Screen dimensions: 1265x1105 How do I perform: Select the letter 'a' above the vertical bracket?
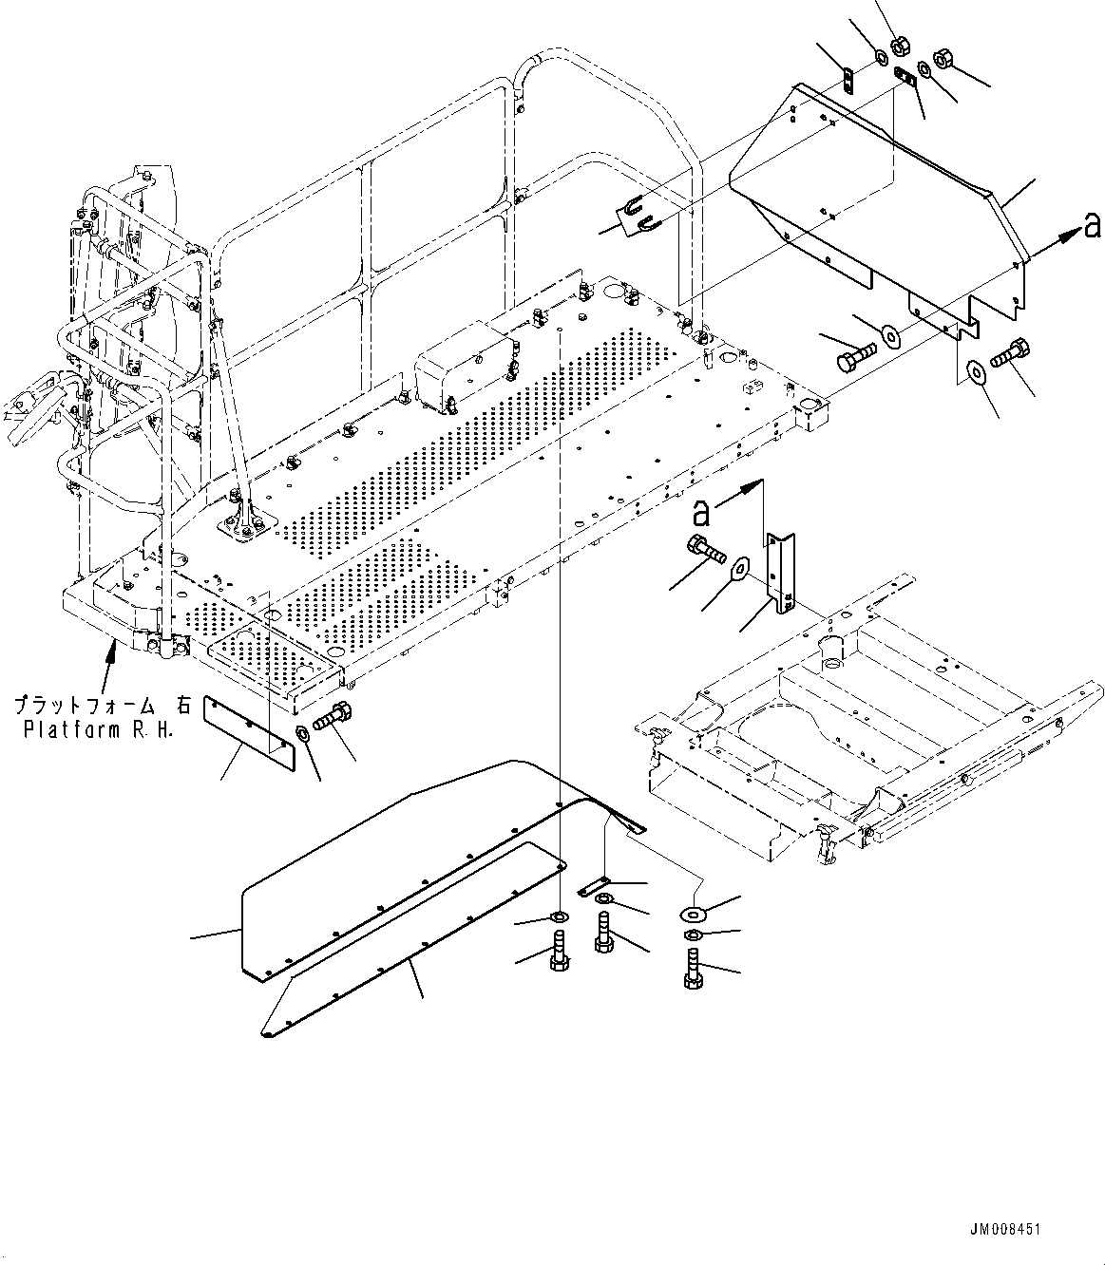click(702, 513)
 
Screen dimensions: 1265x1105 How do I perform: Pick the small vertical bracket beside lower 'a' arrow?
click(781, 572)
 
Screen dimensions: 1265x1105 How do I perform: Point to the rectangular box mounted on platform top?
click(463, 368)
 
